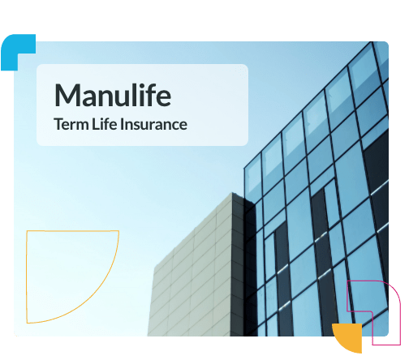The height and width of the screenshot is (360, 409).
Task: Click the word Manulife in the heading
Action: [x=113, y=96]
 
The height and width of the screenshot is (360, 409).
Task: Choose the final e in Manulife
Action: [x=162, y=97]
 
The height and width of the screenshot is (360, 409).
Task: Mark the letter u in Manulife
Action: [x=116, y=97]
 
